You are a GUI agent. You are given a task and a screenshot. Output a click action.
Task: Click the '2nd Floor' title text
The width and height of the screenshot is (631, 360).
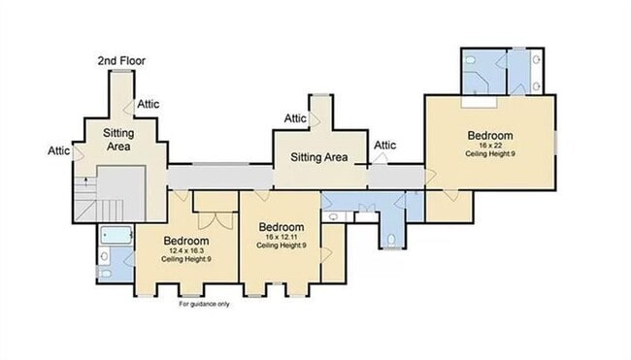tap(120, 61)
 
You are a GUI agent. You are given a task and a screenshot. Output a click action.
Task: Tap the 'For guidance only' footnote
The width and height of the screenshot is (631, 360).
tap(203, 304)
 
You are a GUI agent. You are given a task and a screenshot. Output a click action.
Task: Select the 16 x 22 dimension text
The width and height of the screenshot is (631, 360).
tap(489, 145)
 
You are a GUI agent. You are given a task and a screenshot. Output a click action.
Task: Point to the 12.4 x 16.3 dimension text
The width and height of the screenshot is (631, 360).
tap(185, 251)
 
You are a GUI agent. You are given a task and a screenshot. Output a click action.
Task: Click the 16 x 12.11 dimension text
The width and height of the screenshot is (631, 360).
tap(282, 237)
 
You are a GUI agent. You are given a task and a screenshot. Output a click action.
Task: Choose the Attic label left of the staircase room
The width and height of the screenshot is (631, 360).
tap(58, 150)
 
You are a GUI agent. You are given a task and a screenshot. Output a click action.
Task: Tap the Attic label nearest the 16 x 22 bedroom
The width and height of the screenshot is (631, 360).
tap(385, 146)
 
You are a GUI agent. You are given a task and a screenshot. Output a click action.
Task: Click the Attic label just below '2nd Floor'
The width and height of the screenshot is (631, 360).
tap(149, 104)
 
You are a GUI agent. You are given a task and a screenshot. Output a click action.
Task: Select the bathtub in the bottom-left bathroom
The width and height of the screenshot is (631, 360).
tap(116, 235)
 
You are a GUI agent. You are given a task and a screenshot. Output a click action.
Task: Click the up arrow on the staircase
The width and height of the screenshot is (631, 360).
tap(85, 180)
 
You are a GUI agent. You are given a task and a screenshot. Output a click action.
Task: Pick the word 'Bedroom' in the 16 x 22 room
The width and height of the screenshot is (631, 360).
tap(489, 135)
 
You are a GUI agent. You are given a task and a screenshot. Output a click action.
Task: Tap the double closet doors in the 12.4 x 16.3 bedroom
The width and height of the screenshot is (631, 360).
tap(213, 213)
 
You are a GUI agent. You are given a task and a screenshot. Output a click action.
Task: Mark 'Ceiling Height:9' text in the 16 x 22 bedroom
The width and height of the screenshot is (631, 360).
tap(489, 153)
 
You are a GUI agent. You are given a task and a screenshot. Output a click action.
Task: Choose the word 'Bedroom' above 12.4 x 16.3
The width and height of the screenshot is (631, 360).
tap(185, 241)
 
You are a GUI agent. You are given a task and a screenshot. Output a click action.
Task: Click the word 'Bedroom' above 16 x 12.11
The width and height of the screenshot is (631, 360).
tap(282, 226)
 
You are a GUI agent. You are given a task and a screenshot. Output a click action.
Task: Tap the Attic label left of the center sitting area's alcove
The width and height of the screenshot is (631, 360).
tap(295, 118)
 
